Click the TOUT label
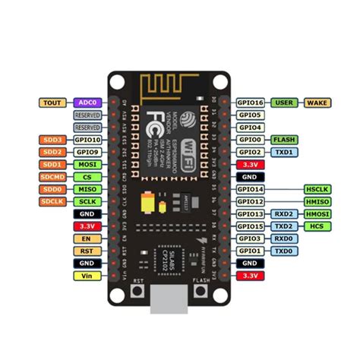point(52,103)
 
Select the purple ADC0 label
point(86,103)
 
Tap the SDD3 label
point(52,140)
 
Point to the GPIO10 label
point(86,140)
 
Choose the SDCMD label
point(52,176)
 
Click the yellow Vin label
point(86,275)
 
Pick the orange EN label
point(86,238)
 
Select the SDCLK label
point(52,201)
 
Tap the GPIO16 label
point(250,103)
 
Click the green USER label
point(283,103)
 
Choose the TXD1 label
point(283,152)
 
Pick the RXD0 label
point(283,238)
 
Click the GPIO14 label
point(250,189)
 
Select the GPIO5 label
point(250,115)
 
